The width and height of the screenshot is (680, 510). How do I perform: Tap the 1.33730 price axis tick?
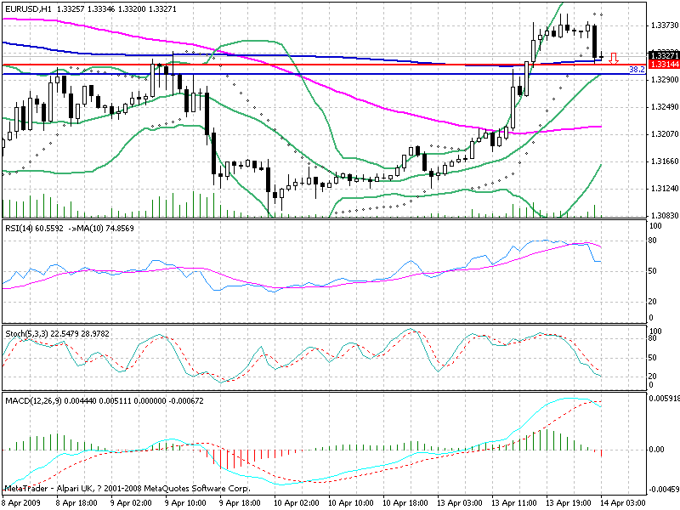[x=661, y=25]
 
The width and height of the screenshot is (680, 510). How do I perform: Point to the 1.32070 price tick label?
[x=661, y=134]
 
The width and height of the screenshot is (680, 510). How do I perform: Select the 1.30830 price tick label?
[x=661, y=216]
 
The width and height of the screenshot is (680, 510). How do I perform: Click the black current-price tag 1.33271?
[x=662, y=55]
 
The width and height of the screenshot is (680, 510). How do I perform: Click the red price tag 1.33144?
[x=662, y=64]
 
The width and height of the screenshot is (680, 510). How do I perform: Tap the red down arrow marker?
[x=611, y=58]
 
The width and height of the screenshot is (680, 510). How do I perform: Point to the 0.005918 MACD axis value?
[x=663, y=399]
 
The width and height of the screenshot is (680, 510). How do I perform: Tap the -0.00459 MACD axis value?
[x=663, y=490]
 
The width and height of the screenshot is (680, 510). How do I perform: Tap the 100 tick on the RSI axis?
[x=655, y=227]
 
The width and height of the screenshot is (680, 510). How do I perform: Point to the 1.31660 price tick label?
[x=661, y=161]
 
